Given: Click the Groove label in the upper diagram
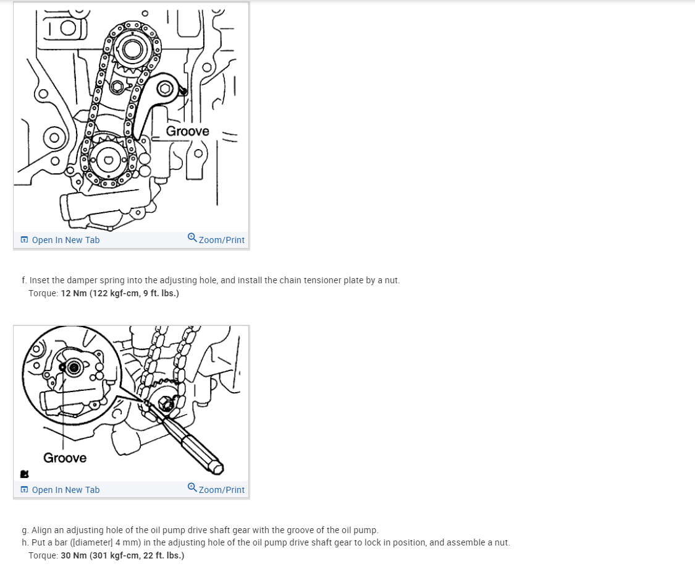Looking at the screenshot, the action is tap(187, 131).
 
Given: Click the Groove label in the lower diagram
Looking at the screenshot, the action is tap(65, 458).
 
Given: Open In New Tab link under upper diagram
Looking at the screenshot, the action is tap(61, 240).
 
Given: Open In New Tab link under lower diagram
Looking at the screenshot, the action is tap(61, 490).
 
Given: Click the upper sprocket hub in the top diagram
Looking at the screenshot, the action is tap(132, 48).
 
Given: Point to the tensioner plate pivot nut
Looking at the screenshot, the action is tap(166, 88).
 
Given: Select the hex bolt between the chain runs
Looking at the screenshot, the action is tap(117, 87).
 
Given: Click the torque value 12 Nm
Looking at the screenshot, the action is tap(74, 293).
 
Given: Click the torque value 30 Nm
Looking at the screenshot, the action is tap(74, 555).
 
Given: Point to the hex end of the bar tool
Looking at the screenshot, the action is tap(217, 467).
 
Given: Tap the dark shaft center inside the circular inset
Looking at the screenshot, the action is tap(74, 367).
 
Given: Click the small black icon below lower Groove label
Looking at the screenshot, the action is tap(24, 474).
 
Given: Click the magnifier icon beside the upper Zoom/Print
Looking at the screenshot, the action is tap(192, 237).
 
